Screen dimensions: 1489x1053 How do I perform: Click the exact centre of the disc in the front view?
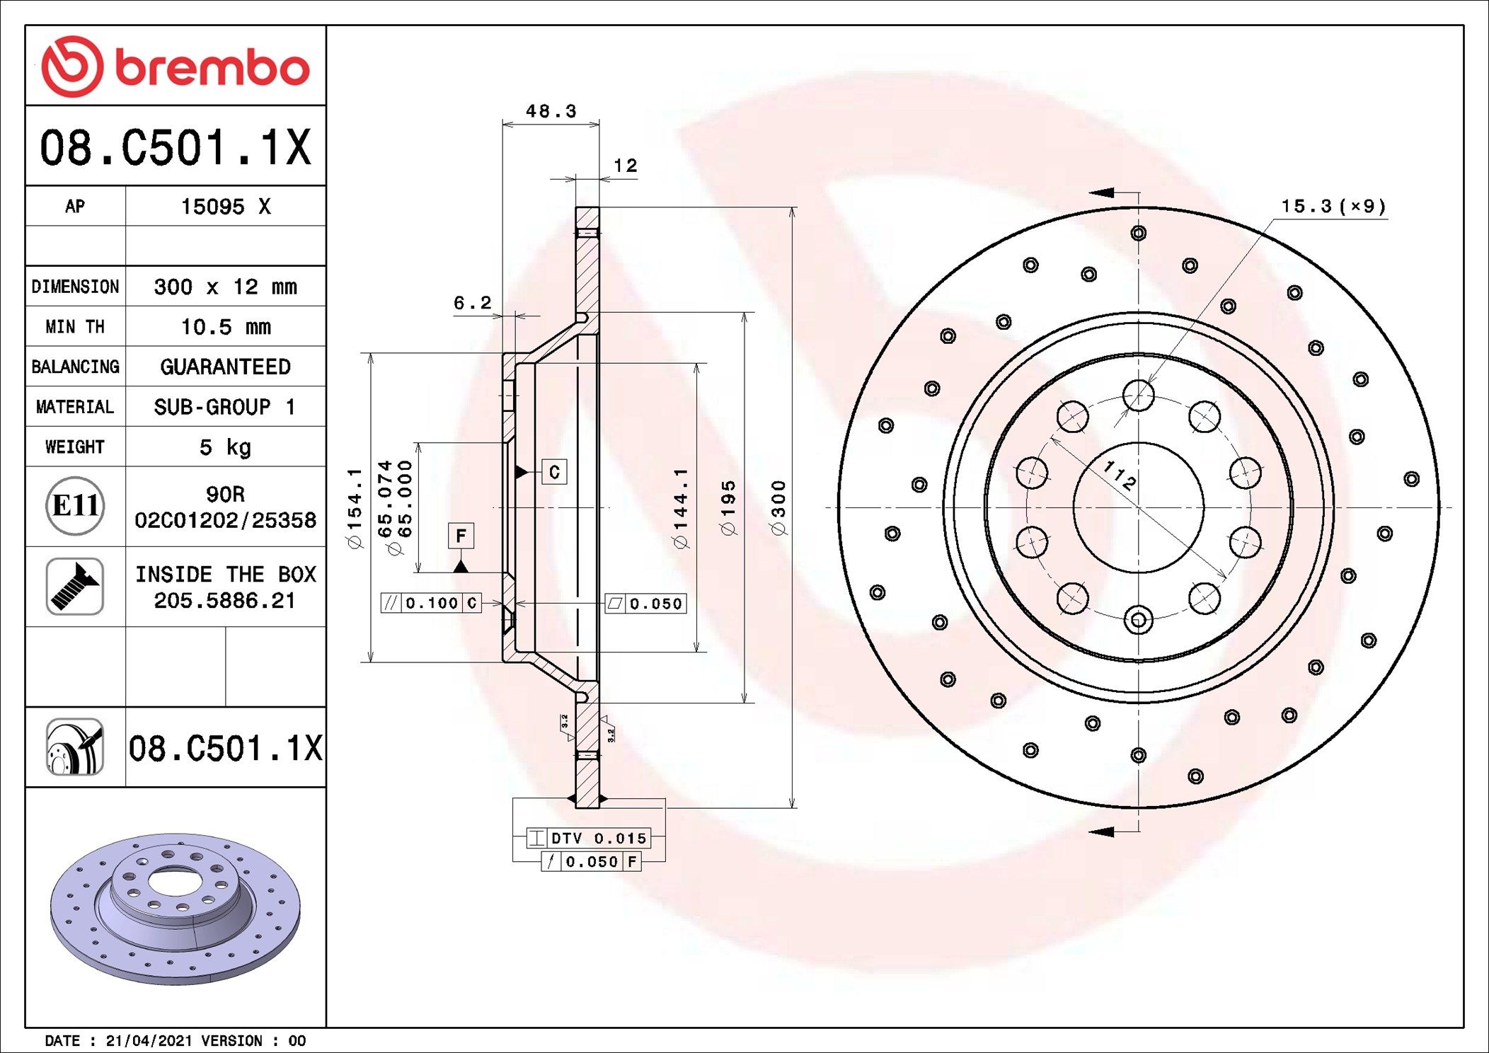pos(1139,507)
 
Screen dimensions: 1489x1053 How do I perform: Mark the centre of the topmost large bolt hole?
pos(1139,395)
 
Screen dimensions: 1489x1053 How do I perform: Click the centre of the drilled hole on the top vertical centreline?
pos(1139,233)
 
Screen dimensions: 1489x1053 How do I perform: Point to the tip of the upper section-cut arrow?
pos(1089,192)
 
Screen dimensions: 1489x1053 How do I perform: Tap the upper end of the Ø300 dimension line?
pos(793,207)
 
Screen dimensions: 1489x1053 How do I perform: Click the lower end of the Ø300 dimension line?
pos(793,807)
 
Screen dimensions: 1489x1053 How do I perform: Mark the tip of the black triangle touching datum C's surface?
pos(516,471)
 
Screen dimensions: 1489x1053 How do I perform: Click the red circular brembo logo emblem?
pos(72,67)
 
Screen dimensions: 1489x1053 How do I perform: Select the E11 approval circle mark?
pos(75,505)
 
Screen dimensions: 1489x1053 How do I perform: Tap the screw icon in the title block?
pos(75,587)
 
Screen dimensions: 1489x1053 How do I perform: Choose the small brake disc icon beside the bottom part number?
pos(75,747)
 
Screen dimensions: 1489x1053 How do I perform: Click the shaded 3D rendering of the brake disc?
pos(176,909)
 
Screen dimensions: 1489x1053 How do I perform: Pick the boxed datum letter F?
pos(461,536)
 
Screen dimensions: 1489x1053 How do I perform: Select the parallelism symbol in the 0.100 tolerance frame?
pos(391,603)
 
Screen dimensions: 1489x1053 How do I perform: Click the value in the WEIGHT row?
pos(225,447)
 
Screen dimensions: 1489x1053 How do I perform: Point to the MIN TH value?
pos(226,327)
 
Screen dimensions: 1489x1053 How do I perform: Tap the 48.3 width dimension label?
pos(551,111)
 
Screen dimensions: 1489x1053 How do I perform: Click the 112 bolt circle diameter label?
pos(1120,475)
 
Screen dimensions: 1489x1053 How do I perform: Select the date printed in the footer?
pos(149,1041)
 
